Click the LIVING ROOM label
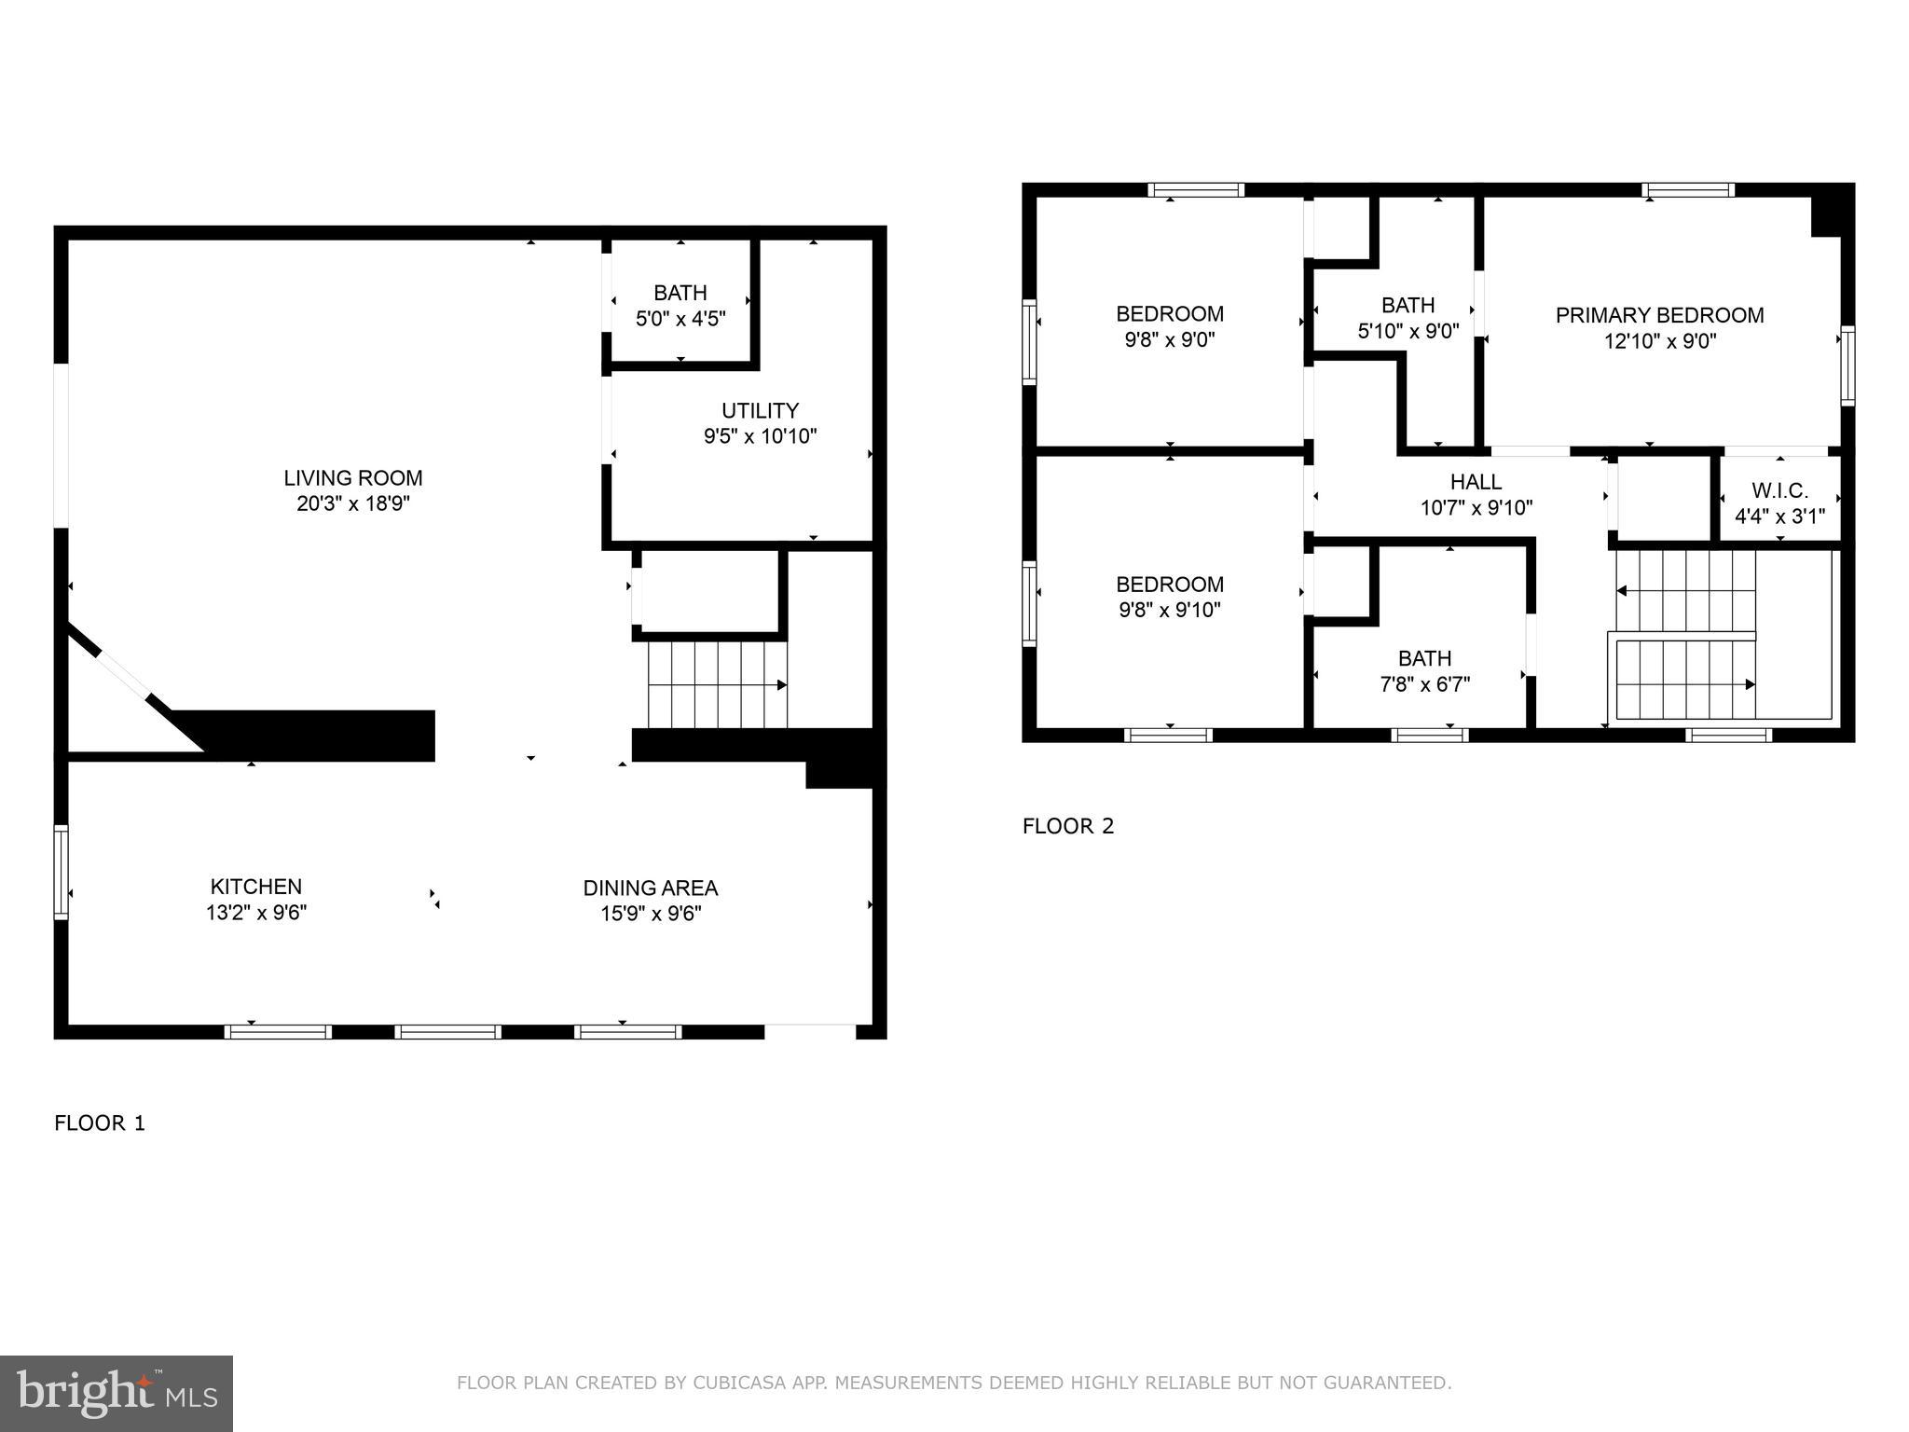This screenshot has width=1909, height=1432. pyautogui.click(x=353, y=478)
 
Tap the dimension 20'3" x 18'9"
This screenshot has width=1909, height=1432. pyautogui.click(x=353, y=504)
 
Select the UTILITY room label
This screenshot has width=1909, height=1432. pyautogui.click(x=760, y=411)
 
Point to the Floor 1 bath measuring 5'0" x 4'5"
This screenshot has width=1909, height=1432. pyautogui.click(x=680, y=306)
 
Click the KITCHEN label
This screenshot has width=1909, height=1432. pyautogui.click(x=256, y=887)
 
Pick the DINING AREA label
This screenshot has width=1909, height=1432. pyautogui.click(x=651, y=888)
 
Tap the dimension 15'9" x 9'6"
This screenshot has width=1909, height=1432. pyautogui.click(x=651, y=914)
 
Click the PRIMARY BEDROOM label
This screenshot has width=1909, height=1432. pyautogui.click(x=1659, y=315)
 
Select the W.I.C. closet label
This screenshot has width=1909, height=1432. pyautogui.click(x=1779, y=490)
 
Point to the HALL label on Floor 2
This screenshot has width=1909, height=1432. pyautogui.click(x=1476, y=482)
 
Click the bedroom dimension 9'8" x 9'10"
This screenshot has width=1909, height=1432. pyautogui.click(x=1170, y=610)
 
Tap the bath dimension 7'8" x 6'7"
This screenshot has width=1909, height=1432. pyautogui.click(x=1424, y=684)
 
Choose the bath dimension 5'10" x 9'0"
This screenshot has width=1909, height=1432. pyautogui.click(x=1408, y=330)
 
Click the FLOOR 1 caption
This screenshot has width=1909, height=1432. pyautogui.click(x=100, y=1122)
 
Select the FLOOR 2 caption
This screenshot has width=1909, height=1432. pyautogui.click(x=1068, y=826)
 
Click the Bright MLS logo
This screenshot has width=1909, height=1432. pyautogui.click(x=117, y=1394)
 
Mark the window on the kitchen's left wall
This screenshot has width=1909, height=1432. pyautogui.click(x=62, y=872)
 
